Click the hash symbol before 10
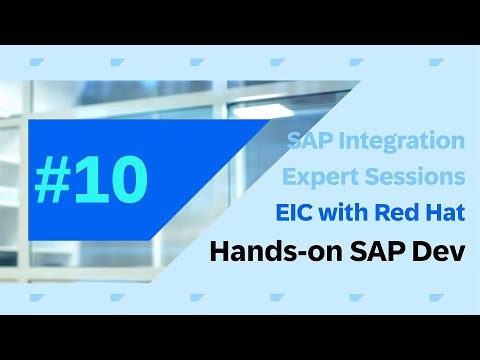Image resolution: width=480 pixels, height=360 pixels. tap(53, 179)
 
